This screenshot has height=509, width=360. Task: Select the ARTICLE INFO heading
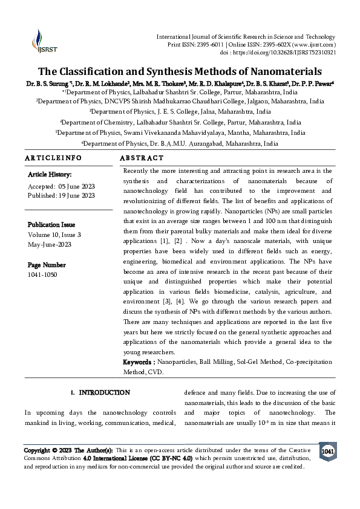[x=53, y=157]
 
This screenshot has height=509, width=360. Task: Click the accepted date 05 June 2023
[x=77, y=186]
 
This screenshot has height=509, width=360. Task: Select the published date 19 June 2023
[x=77, y=195]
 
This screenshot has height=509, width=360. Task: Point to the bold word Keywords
[x=139, y=361]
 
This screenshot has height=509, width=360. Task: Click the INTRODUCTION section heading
[x=105, y=392]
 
